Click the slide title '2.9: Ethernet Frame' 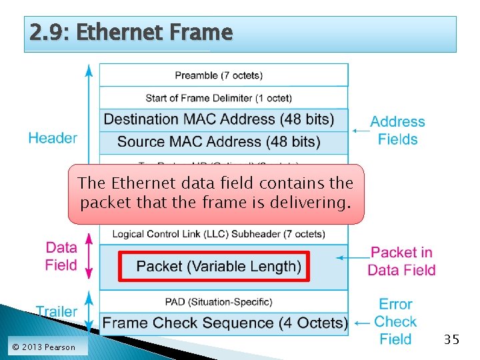click(x=131, y=32)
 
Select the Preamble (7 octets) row click(x=223, y=75)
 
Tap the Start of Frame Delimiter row click(x=223, y=98)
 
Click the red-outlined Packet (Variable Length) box click(x=214, y=267)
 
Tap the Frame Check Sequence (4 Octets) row click(x=225, y=323)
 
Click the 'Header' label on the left click(x=53, y=138)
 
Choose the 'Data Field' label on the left click(x=61, y=256)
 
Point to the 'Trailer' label click(x=56, y=311)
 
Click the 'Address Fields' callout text click(x=397, y=131)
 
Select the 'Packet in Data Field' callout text click(x=401, y=261)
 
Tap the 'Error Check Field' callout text click(x=395, y=321)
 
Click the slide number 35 click(x=451, y=340)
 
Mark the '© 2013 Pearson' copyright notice click(x=43, y=347)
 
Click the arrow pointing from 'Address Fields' click(x=361, y=131)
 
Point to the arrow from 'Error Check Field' click(x=361, y=323)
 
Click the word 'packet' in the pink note click(x=103, y=202)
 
